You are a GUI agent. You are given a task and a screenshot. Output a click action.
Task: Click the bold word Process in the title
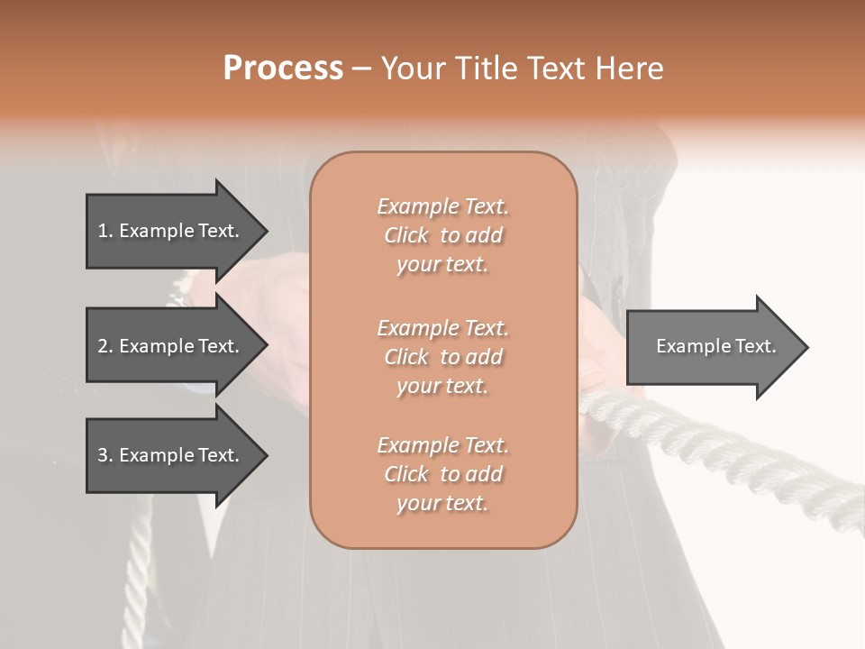(x=283, y=69)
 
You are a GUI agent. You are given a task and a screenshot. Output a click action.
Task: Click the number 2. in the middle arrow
(x=105, y=346)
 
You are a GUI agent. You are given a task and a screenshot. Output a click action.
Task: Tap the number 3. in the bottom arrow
(x=105, y=455)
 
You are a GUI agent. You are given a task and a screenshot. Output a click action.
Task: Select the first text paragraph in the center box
(x=443, y=235)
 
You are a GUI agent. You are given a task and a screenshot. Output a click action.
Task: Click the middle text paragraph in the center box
(x=443, y=356)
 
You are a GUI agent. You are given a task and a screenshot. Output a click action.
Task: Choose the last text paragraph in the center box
(x=443, y=474)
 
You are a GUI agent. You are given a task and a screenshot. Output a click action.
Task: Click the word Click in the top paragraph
(x=406, y=235)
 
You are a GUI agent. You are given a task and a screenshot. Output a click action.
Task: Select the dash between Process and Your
(x=362, y=69)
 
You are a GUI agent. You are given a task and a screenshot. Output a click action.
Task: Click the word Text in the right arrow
(x=758, y=346)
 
